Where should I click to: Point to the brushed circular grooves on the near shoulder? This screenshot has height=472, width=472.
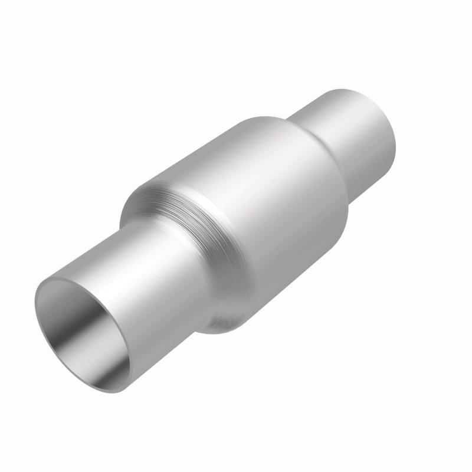tap(177, 212)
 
